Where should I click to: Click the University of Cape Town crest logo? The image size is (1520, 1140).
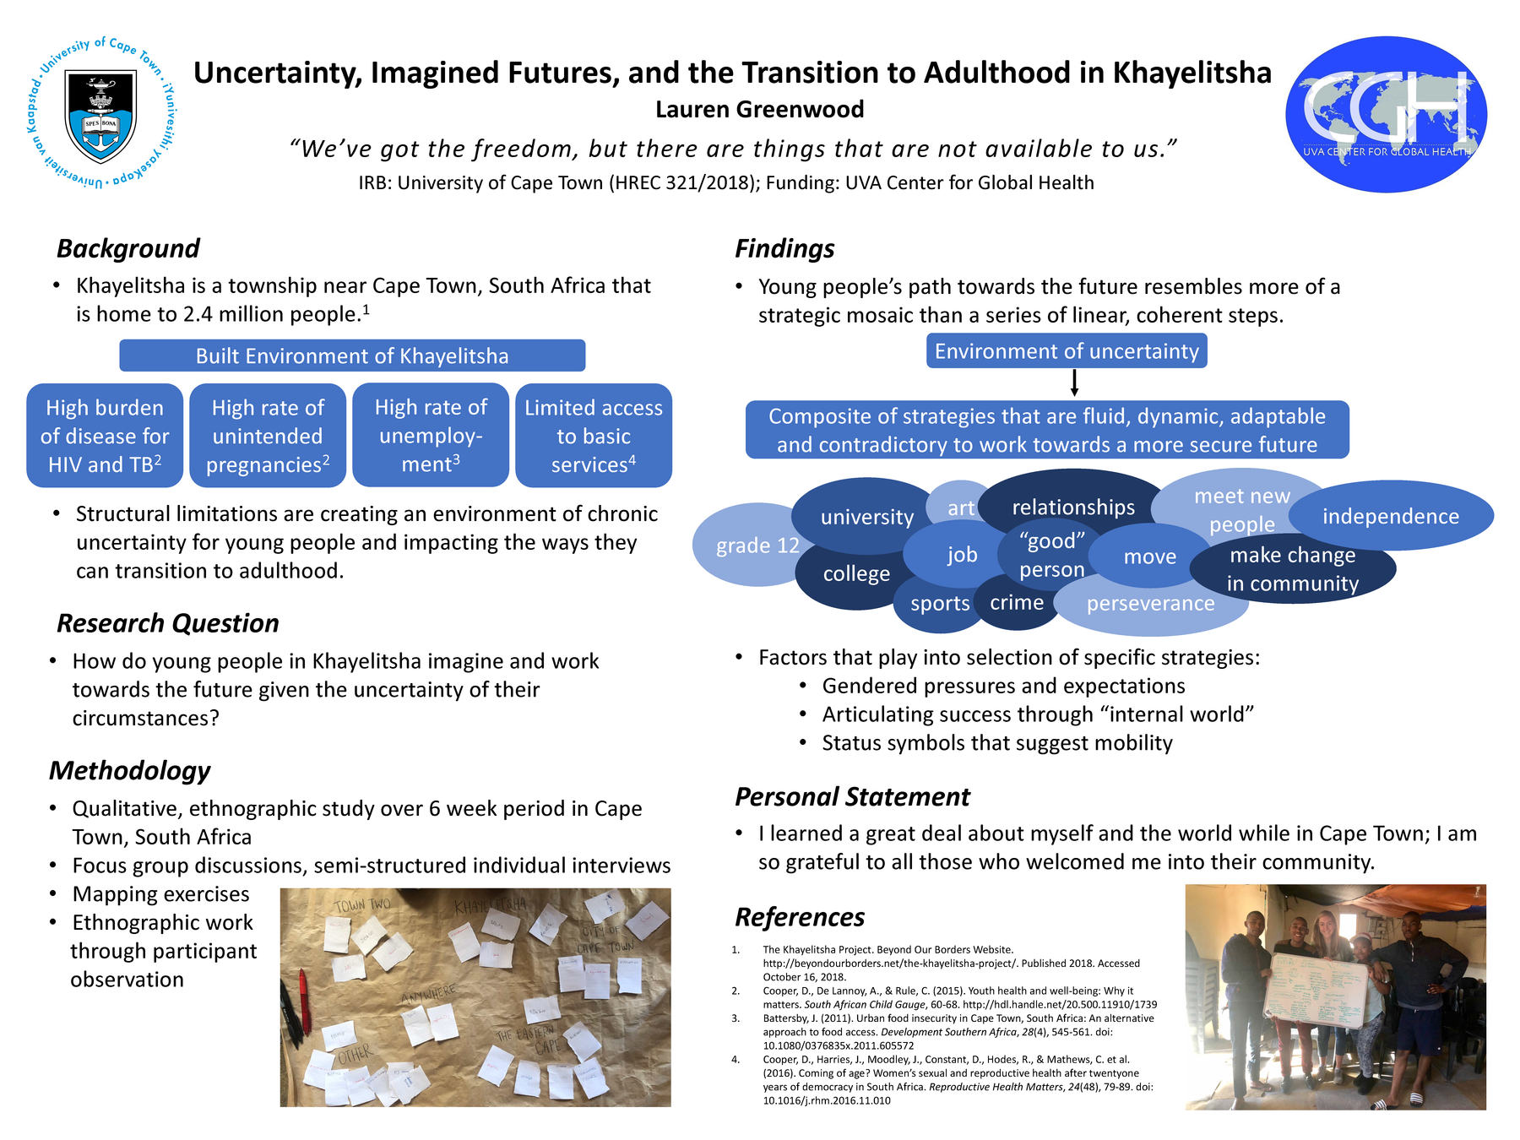pos(101,113)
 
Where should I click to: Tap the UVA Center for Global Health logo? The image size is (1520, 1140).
pos(1386,114)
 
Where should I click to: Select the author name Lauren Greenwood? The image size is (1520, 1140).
pos(759,110)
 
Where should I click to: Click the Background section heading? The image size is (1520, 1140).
pos(128,248)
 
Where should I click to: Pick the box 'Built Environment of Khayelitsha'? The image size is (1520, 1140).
pos(352,356)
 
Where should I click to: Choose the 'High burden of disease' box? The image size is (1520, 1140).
pos(105,436)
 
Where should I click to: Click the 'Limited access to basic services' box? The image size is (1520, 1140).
pos(593,436)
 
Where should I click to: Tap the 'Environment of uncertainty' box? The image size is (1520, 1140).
pos(1066,351)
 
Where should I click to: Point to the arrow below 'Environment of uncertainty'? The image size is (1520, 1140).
pos(1074,383)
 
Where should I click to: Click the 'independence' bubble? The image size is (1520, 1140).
pos(1390,516)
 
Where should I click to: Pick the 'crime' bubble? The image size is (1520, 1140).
pos(1017,603)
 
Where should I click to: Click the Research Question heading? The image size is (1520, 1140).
pos(167,623)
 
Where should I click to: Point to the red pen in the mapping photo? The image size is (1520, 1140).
pos(302,996)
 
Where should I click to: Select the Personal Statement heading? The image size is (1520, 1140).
pos(852,796)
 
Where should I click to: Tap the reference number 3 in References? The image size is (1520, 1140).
pos(736,1018)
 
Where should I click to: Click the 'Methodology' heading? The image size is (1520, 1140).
pos(129,770)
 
